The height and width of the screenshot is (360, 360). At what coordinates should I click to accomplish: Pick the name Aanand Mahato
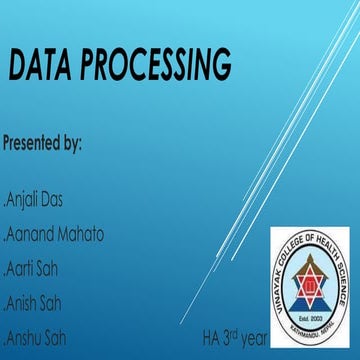tap(54, 237)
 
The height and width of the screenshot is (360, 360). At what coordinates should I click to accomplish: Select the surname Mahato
tap(79, 237)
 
